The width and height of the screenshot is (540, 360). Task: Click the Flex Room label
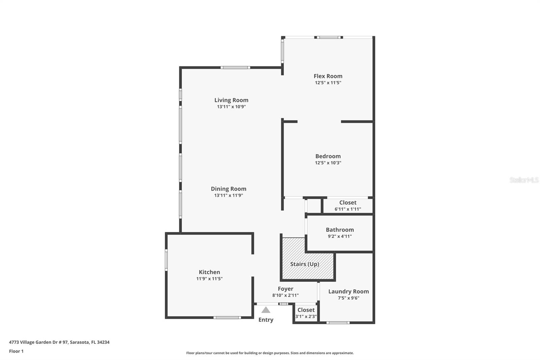[328, 76]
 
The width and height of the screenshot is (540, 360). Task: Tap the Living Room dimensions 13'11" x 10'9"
[231, 107]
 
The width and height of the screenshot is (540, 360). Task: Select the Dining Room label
[228, 189]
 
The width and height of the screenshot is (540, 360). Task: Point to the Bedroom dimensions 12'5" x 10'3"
[328, 163]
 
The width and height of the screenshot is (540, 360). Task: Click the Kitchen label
[209, 272]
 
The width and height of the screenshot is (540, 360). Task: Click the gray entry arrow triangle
[266, 310]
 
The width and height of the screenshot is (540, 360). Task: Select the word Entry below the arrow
[266, 320]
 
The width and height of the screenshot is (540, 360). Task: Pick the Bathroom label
[340, 230]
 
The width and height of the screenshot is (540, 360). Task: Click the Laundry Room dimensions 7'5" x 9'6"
[348, 298]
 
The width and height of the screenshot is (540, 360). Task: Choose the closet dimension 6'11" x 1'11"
[348, 209]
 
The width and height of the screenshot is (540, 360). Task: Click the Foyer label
[286, 289]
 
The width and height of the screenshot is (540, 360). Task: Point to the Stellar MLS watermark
[524, 180]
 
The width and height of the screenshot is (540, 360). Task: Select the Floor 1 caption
[16, 351]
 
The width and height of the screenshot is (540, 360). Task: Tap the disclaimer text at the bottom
[270, 353]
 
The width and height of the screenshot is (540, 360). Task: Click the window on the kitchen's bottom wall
[227, 317]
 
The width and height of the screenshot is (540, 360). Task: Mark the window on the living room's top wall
[235, 68]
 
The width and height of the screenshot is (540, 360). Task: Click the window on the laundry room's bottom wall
[338, 323]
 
